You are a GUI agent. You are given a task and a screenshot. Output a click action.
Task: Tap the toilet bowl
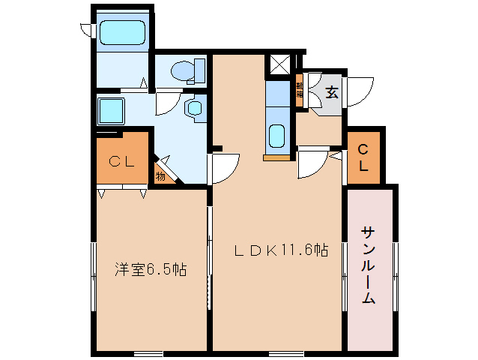pos(181,70)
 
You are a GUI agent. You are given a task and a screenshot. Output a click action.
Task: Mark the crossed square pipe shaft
pos(279,65)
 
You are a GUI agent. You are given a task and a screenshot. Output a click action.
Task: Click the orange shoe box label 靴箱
pos(300,90)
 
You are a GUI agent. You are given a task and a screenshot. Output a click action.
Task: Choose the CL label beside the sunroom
pos(363,157)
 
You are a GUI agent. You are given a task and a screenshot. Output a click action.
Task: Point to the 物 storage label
pos(160,176)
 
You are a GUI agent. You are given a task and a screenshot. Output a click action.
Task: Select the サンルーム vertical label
pos(369,265)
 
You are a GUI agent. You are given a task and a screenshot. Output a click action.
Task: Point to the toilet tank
pos(199,70)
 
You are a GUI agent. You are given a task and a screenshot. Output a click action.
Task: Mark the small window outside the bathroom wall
pos(86,30)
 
